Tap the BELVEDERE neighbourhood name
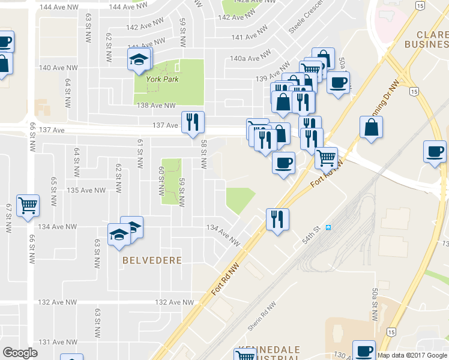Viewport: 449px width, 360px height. pyautogui.click(x=148, y=260)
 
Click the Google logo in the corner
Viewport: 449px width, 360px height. pyautogui.click(x=20, y=353)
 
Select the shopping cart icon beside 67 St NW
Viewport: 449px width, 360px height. pyautogui.click(x=28, y=206)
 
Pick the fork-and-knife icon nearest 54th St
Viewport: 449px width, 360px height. pyautogui.click(x=277, y=219)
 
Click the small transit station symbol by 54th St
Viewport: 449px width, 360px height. pyautogui.click(x=328, y=228)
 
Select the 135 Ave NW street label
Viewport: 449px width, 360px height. pyautogui.click(x=86, y=190)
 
